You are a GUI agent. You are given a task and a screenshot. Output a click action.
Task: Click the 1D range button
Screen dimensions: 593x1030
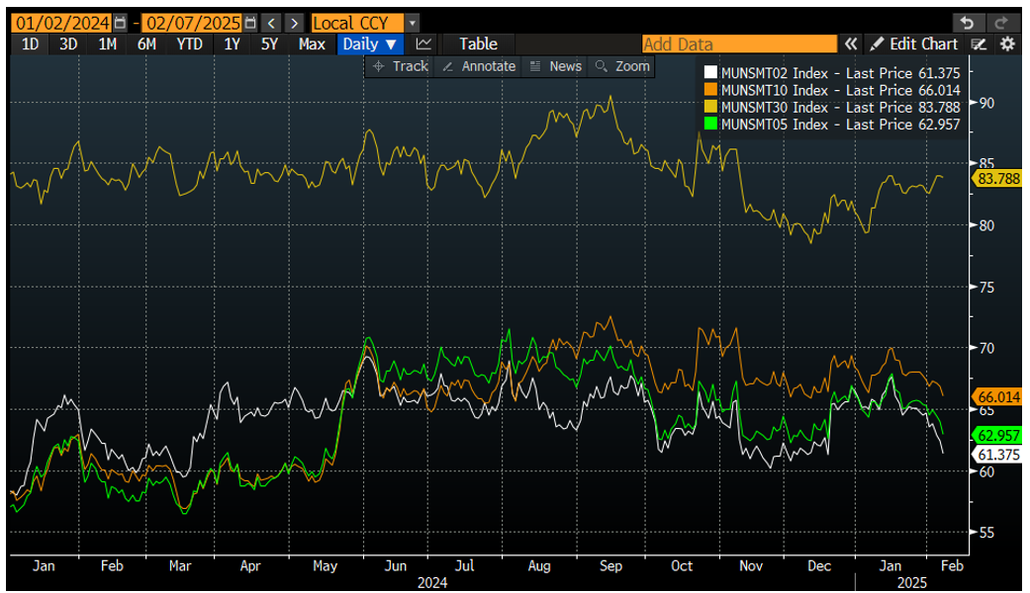coord(30,43)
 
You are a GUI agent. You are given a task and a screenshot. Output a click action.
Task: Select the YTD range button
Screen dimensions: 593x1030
coord(189,43)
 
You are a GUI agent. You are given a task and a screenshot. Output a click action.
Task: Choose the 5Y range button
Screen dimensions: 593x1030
coord(269,43)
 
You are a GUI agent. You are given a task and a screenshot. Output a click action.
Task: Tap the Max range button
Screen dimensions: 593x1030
coord(312,43)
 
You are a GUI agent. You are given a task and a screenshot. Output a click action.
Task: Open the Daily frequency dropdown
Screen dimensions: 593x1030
coord(370,43)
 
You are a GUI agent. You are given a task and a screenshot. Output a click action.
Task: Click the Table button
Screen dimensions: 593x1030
coord(478,43)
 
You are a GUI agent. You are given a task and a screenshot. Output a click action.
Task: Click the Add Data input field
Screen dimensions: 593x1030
coord(738,43)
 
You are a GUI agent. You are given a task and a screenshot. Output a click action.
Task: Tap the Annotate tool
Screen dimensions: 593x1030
coord(479,66)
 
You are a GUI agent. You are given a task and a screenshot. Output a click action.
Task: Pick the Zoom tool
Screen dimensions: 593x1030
coord(621,66)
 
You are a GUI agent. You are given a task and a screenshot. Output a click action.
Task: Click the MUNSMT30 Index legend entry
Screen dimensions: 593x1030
coord(830,107)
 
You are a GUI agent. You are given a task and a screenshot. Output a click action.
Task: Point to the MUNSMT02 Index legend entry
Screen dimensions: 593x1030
coord(830,72)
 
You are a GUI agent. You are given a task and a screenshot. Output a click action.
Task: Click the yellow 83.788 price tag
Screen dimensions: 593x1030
coord(997,179)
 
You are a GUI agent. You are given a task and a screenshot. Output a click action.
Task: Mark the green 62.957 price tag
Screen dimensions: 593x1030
coord(997,435)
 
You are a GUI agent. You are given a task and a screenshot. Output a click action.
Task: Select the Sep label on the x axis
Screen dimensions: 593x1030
coord(610,565)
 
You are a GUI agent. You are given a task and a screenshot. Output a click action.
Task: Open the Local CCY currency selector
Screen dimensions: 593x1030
coord(364,22)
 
